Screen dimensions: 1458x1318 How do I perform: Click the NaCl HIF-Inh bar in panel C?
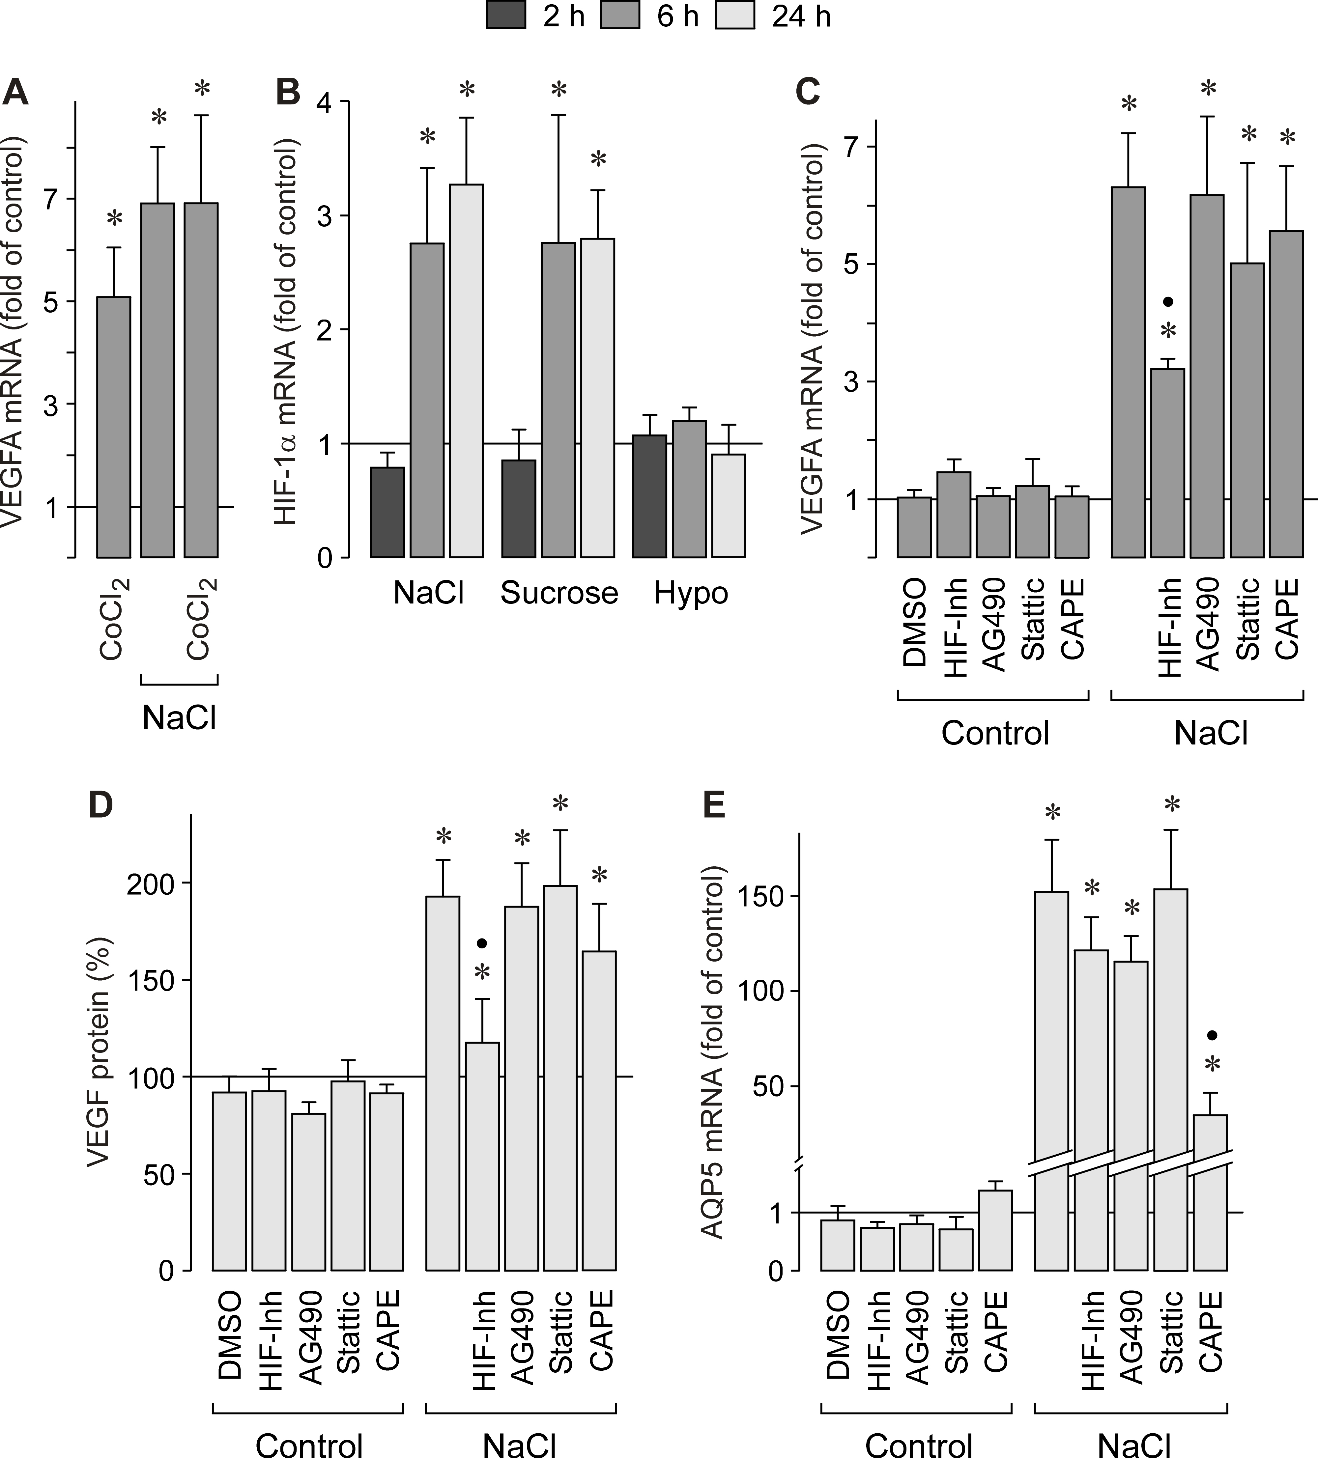tap(1167, 463)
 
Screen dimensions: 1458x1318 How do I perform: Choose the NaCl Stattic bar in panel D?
tap(560, 1078)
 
